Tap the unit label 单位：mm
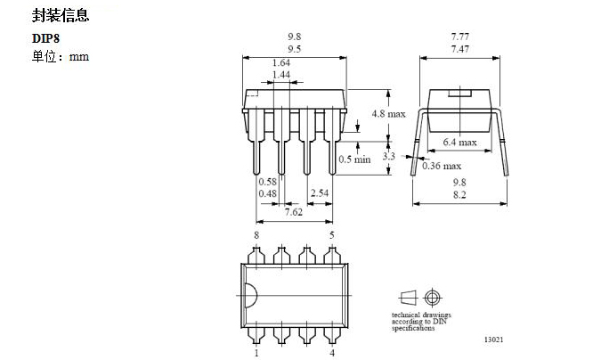pyautogui.click(x=60, y=56)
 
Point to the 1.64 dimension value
pyautogui.click(x=280, y=62)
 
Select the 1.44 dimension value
pyautogui.click(x=280, y=75)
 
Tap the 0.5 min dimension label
pyautogui.click(x=354, y=160)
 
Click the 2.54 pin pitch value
pyautogui.click(x=320, y=192)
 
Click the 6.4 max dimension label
pyautogui.click(x=459, y=142)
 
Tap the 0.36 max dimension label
pyautogui.click(x=443, y=166)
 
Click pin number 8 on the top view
pyautogui.click(x=256, y=234)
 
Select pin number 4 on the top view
pyautogui.click(x=332, y=352)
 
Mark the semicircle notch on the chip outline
pyautogui.click(x=249, y=293)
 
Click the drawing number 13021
pyautogui.click(x=494, y=340)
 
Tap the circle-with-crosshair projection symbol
pyautogui.click(x=434, y=297)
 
